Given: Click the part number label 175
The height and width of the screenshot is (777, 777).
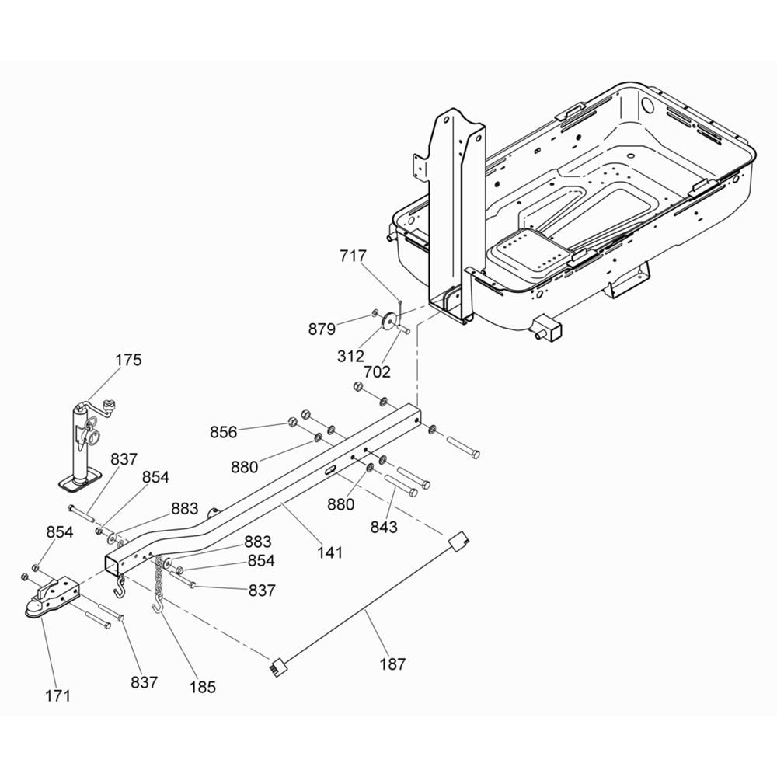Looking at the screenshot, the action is coord(128,360).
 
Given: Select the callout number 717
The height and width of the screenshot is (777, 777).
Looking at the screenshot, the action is coord(353,256).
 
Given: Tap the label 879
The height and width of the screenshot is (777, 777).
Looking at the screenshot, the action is coord(322,329).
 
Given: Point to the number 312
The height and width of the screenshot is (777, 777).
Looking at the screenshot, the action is coord(350,357).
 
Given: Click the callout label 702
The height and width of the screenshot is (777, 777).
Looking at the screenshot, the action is coord(377,371).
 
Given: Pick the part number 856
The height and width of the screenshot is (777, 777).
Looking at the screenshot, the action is coord(224,432).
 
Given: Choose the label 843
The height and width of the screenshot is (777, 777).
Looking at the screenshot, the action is coord(384,528).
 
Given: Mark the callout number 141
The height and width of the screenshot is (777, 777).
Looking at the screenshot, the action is coord(330,552).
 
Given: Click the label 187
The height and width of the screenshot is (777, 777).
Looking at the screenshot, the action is coord(392,664).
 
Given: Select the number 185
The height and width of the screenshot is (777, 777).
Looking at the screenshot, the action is coord(203,688).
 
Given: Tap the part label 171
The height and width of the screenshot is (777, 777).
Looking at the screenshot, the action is coord(58,696).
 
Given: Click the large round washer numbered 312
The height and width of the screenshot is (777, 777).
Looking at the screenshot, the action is coord(389,321).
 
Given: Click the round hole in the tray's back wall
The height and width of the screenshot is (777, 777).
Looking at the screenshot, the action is coord(647,105).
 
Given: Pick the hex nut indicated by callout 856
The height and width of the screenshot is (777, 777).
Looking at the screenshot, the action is coord(293,423).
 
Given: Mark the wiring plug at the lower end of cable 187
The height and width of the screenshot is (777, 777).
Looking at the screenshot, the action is coord(277,664).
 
